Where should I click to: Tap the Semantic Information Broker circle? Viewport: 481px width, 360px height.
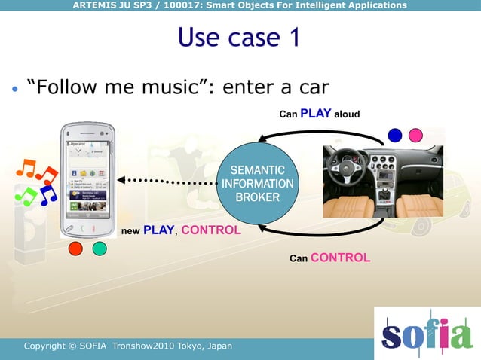[x=257, y=183]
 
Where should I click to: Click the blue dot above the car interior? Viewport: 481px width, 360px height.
[x=394, y=135]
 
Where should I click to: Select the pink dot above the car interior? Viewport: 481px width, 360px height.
[x=415, y=135]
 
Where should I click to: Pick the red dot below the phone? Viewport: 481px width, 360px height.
[x=76, y=248]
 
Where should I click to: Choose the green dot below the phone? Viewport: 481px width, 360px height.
[x=100, y=248]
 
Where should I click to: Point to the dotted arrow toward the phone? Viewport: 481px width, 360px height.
[x=166, y=181]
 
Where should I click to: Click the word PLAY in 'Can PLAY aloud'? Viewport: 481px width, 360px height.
[x=316, y=114]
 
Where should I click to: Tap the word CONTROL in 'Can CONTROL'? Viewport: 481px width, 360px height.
[x=340, y=258]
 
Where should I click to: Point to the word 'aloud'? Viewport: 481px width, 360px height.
[x=347, y=114]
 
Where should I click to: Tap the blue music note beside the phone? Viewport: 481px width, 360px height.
[x=48, y=194]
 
